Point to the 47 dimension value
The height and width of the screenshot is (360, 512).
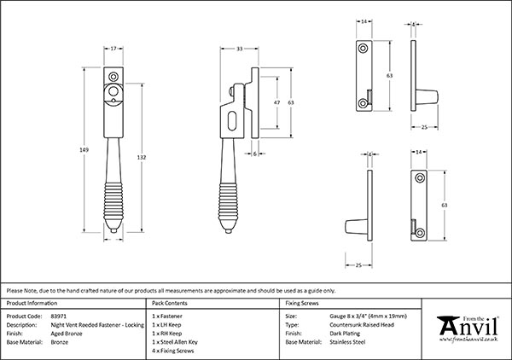[x=276, y=101]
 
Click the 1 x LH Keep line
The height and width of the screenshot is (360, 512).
[x=167, y=324]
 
